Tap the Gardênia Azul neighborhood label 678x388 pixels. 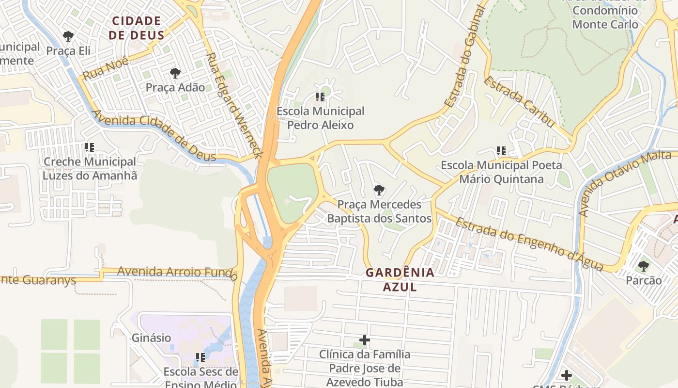(400, 279)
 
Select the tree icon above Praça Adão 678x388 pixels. (175, 73)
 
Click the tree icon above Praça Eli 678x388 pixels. (68, 36)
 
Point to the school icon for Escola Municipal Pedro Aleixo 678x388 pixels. (320, 97)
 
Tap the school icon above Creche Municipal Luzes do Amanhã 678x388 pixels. (90, 147)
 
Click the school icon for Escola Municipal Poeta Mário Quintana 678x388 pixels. (501, 151)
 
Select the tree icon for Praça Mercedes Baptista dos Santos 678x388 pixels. (379, 190)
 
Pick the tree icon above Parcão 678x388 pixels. (644, 266)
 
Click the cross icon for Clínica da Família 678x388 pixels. (365, 340)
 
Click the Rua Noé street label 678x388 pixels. (106, 68)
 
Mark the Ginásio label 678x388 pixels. (152, 338)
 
